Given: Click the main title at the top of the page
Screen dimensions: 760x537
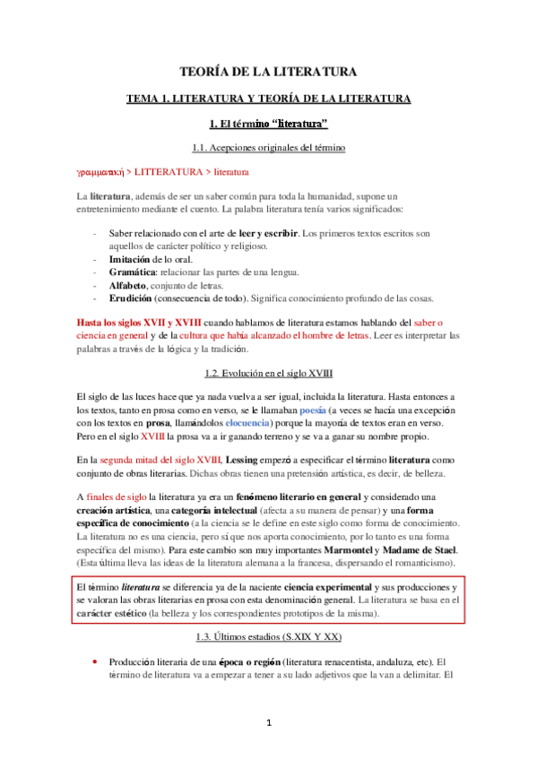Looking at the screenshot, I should pos(268,71).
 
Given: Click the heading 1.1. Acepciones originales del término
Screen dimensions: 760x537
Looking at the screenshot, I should pos(269,146).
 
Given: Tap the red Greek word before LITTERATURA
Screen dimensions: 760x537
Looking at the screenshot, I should pos(99,170).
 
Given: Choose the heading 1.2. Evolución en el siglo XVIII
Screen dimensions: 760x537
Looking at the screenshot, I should pos(269,346).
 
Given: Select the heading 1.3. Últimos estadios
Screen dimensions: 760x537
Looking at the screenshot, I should pos(269,635).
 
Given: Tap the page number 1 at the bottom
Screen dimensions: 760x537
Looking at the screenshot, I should pos(268,721).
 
